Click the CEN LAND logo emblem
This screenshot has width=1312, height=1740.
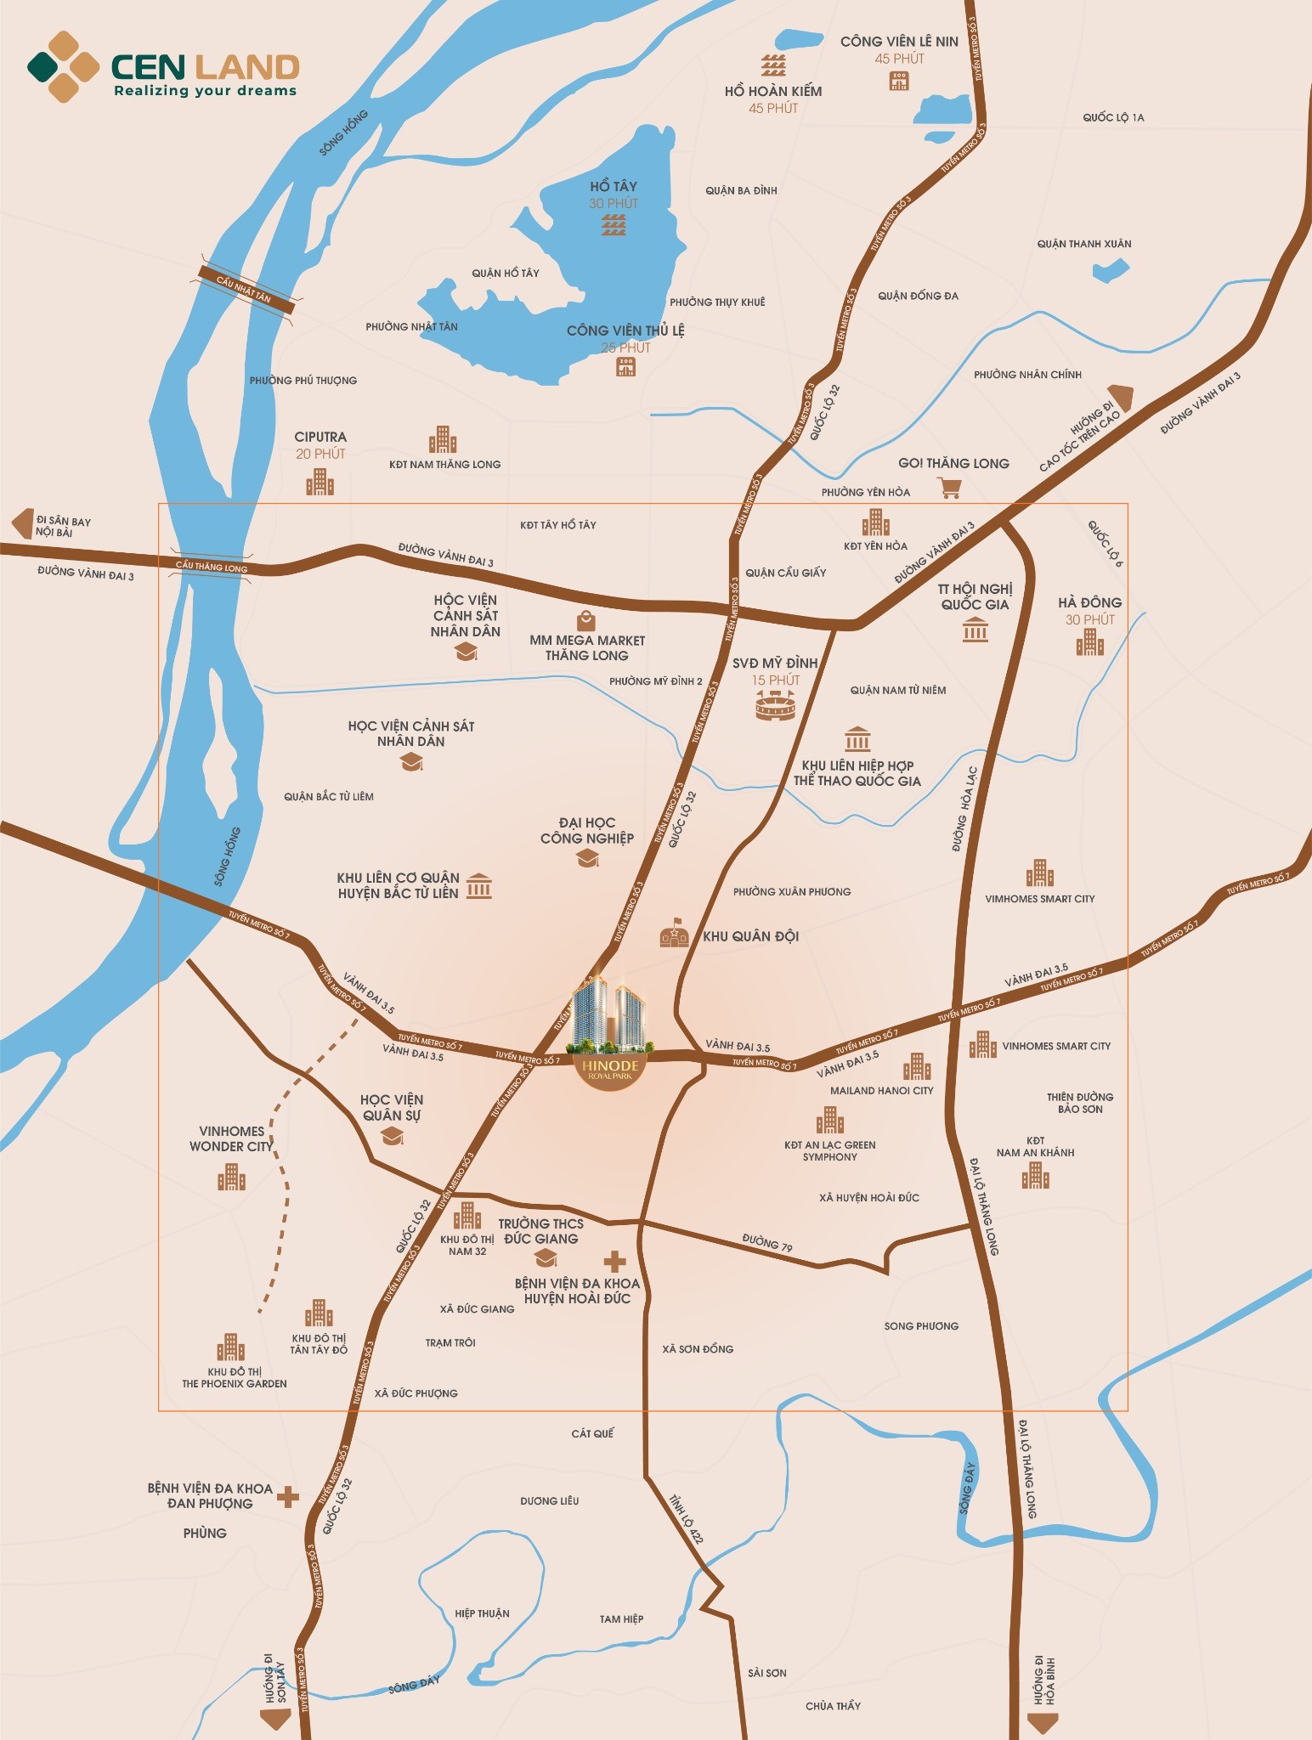point(64,67)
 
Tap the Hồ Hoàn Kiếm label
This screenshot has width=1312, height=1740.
point(772,91)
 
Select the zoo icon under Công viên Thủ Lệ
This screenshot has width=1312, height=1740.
point(625,366)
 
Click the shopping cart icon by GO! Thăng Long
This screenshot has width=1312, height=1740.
point(949,488)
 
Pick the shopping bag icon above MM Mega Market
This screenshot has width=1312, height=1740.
point(585,619)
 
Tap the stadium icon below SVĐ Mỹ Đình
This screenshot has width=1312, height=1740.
point(775,704)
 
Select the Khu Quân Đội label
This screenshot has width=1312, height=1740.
point(750,936)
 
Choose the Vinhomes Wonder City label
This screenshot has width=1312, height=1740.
point(231,1138)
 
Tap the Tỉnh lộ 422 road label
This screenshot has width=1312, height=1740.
point(686,1518)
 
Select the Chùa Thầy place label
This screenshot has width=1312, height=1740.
point(833,1705)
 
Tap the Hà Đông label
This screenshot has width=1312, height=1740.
point(1089,602)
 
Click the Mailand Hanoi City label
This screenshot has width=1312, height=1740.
point(881,1090)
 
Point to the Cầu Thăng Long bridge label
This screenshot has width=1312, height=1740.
point(212,567)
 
